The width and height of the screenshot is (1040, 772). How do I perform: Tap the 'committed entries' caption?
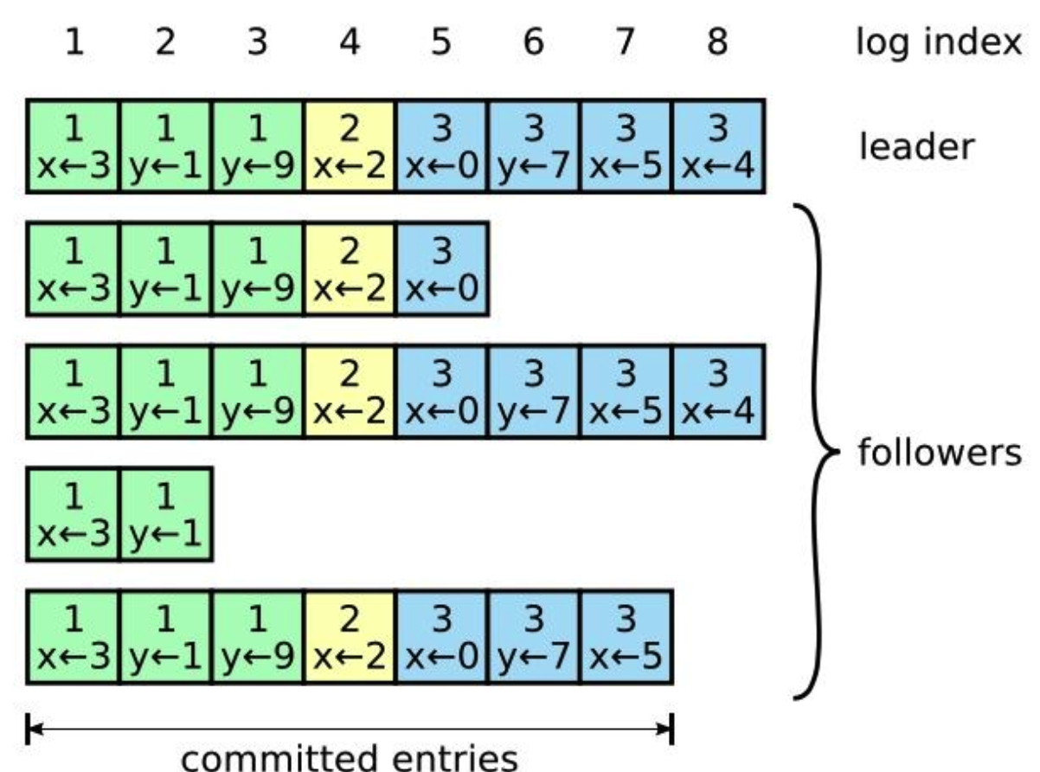(350, 753)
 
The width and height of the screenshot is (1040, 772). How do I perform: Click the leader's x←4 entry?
(718, 146)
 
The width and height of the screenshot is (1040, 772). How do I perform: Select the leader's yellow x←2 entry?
(350, 146)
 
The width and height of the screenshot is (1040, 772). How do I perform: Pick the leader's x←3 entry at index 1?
(74, 146)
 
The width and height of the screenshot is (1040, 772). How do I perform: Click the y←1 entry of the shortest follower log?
(166, 514)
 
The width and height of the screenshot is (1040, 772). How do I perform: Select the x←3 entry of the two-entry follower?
(74, 514)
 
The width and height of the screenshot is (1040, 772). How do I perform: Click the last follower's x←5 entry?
(626, 637)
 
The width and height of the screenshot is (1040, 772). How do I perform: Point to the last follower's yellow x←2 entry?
(350, 637)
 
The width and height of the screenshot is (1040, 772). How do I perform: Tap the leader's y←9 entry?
(258, 146)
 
